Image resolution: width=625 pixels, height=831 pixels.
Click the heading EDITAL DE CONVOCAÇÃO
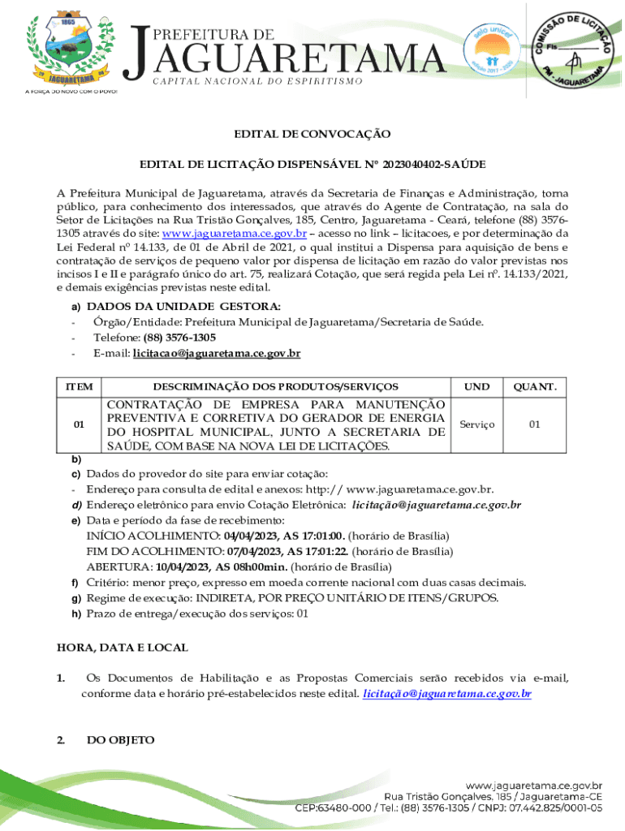coord(312,134)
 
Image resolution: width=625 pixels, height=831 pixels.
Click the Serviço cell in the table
coord(476,424)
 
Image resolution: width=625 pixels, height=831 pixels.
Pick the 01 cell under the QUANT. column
coord(534,424)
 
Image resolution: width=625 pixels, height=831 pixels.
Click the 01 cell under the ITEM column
coord(79,424)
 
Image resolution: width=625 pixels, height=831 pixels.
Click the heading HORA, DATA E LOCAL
coord(122,648)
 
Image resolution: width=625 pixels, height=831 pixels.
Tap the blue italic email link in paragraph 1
coord(447,694)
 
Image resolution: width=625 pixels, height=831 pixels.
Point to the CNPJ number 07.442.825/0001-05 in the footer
coord(552,808)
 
